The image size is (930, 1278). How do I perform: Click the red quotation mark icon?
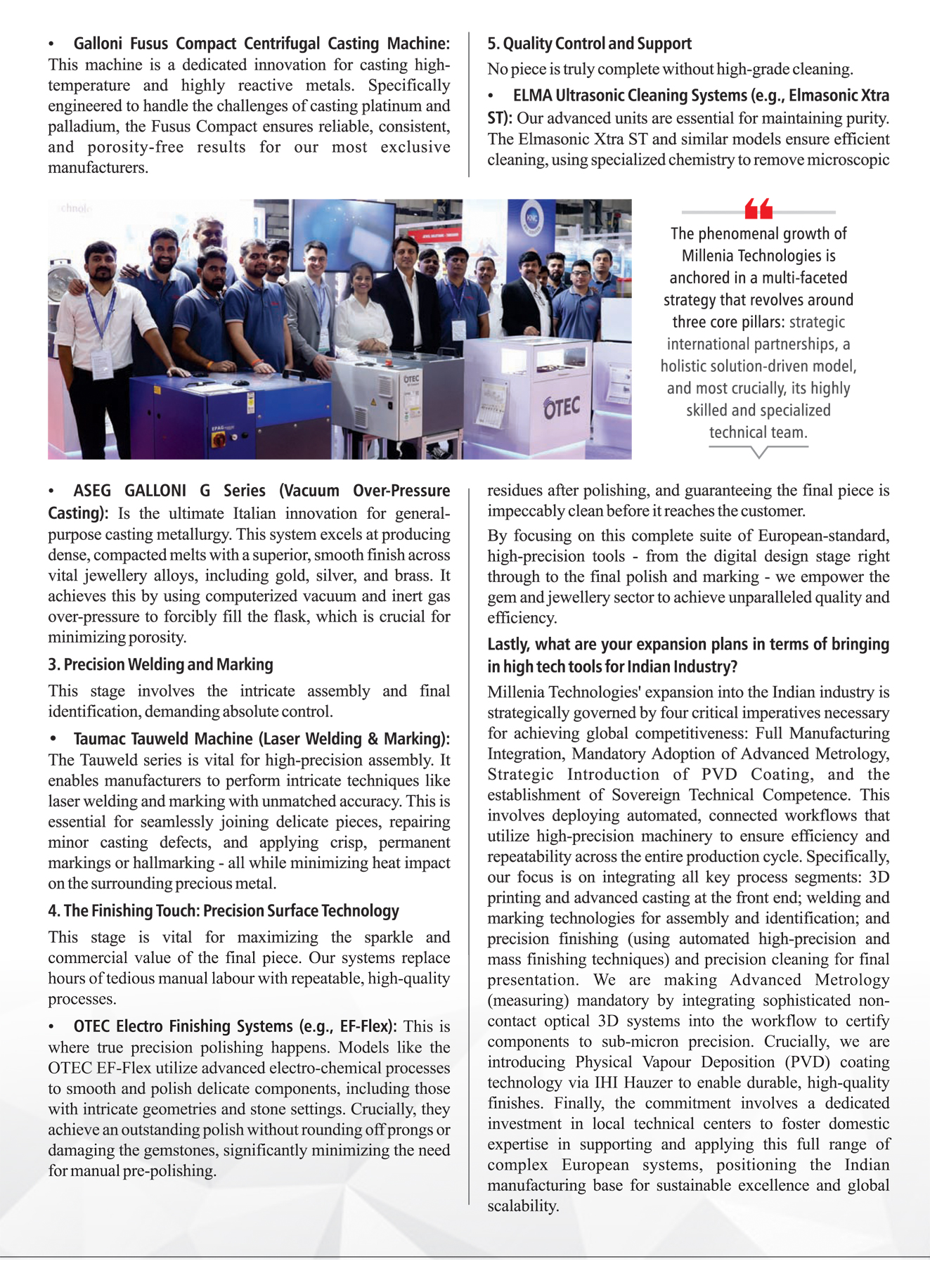coord(758,208)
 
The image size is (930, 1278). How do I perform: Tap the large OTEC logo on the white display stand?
coord(561,407)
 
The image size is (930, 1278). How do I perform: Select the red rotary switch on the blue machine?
coord(219,439)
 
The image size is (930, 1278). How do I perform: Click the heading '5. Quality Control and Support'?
coord(589,44)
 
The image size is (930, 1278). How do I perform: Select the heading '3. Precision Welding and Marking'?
coord(160,664)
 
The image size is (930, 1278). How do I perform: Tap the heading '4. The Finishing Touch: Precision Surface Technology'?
coord(223,911)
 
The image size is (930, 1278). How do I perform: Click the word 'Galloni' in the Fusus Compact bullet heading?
coord(98,44)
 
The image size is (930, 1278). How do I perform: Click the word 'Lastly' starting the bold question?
coord(509,645)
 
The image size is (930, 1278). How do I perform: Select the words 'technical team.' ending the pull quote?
coord(758,432)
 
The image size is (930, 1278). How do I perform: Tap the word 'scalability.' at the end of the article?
coord(523,1206)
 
